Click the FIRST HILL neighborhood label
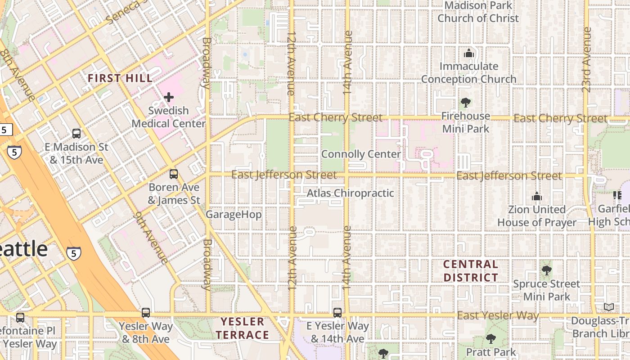click(x=120, y=78)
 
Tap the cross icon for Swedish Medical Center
click(x=169, y=97)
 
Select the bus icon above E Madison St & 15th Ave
click(x=76, y=134)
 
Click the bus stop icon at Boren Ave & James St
click(x=174, y=174)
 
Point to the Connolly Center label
click(x=361, y=154)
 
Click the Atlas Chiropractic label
click(x=350, y=193)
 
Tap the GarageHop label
click(x=234, y=215)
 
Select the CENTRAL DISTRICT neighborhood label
click(x=471, y=271)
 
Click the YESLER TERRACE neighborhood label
click(x=242, y=328)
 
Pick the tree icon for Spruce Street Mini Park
click(x=547, y=270)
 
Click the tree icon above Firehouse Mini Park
click(x=466, y=103)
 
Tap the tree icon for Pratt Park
click(x=491, y=339)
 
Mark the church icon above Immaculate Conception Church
click(x=469, y=53)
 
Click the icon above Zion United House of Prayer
click(x=536, y=196)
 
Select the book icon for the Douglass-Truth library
click(x=609, y=307)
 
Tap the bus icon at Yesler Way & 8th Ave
click(x=145, y=313)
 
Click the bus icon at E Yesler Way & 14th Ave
click(x=337, y=312)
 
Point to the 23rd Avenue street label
click(x=586, y=60)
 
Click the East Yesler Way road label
click(x=498, y=315)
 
